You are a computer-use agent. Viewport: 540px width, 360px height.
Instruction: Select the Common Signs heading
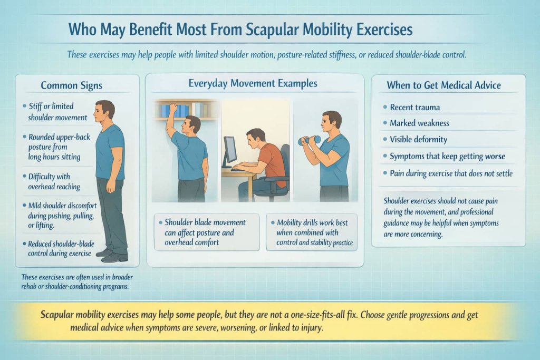point(72,85)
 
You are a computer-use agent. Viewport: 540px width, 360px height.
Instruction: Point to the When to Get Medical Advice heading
point(443,85)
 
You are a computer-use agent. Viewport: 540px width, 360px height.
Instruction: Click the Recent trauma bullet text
point(414,107)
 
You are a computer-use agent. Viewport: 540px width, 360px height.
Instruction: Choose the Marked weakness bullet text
point(419,123)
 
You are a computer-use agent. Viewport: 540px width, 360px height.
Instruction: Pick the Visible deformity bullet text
point(418,140)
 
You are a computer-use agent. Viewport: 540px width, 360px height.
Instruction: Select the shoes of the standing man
point(111,255)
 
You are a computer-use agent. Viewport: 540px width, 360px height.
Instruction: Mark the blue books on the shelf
point(181,111)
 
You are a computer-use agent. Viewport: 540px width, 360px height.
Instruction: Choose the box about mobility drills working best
point(312,232)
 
